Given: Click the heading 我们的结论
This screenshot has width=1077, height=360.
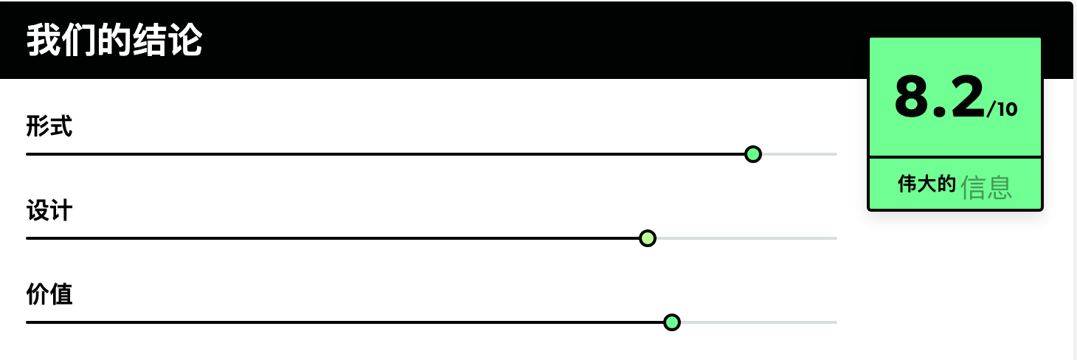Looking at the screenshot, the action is pyautogui.click(x=114, y=41).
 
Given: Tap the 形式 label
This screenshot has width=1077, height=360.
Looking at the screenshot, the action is pyautogui.click(x=49, y=126).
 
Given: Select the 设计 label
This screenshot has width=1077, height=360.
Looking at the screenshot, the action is pyautogui.click(x=49, y=210).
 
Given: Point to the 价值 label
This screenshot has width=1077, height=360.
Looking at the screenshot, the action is pyautogui.click(x=49, y=294).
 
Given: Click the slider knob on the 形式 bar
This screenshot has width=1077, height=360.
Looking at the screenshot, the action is pyautogui.click(x=753, y=154).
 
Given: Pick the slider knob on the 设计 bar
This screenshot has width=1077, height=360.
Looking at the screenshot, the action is pyautogui.click(x=648, y=238).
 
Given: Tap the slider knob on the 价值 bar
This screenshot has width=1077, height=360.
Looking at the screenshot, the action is pyautogui.click(x=672, y=322).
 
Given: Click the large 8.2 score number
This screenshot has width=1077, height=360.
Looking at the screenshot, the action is pyautogui.click(x=940, y=97).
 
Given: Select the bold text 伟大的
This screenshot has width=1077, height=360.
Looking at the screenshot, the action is pyautogui.click(x=927, y=184).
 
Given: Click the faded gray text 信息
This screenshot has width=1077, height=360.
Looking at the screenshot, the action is pyautogui.click(x=986, y=187).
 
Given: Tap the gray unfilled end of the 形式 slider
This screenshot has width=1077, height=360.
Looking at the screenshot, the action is pyautogui.click(x=800, y=154).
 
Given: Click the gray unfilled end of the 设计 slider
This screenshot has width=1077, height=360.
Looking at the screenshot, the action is pyautogui.click(x=747, y=238).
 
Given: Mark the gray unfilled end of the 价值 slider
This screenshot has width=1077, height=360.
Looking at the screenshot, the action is pyautogui.click(x=759, y=322).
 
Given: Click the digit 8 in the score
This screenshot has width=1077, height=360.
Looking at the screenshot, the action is pyautogui.click(x=912, y=97).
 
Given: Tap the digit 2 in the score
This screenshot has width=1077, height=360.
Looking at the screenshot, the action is pyautogui.click(x=967, y=97).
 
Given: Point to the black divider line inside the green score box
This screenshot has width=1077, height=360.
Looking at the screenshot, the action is pyautogui.click(x=955, y=157).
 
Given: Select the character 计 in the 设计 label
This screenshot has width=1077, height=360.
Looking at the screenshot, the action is pyautogui.click(x=61, y=210).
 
